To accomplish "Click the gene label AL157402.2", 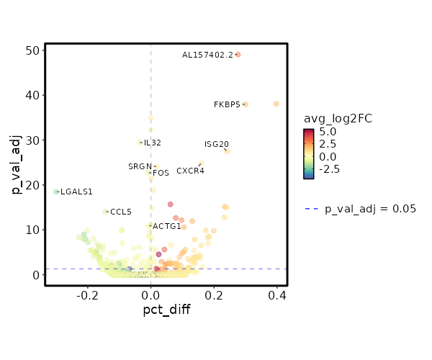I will point(207,55).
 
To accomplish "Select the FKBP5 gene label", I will point(227,104).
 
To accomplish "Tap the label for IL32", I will point(152,143).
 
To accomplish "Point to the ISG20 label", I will point(216,144).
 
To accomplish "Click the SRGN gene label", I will point(140,166).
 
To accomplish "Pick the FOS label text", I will point(161,173).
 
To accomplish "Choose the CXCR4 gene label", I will point(190,171).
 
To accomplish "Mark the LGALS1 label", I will point(76,192).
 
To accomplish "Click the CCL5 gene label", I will point(121,212).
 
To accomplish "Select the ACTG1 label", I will point(167,226).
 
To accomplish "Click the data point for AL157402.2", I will point(238,55).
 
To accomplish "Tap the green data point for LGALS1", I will point(56,192).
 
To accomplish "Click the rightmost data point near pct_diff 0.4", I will point(276,104).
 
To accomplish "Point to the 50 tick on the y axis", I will point(31,50).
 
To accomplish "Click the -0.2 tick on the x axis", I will point(88,294).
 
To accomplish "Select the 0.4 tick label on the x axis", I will point(277,294).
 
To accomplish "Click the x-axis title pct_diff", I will point(166,311).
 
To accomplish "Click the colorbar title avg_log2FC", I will point(337,118).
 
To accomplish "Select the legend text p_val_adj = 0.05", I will point(370,209).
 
